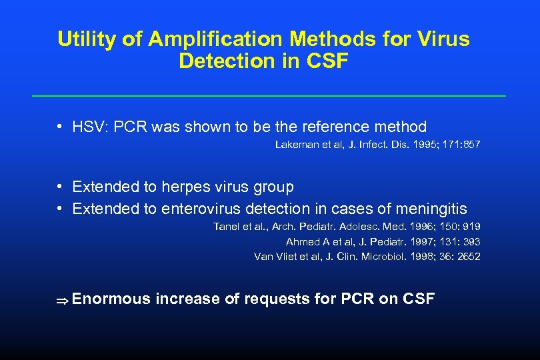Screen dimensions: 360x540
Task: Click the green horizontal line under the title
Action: (x=269, y=96)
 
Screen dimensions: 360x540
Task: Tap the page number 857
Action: (x=471, y=144)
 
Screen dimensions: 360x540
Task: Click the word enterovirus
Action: (x=201, y=209)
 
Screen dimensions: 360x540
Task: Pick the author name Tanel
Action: (x=225, y=227)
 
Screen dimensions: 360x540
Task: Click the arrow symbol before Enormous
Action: (x=63, y=300)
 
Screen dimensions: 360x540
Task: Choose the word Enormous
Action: (x=111, y=299)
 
